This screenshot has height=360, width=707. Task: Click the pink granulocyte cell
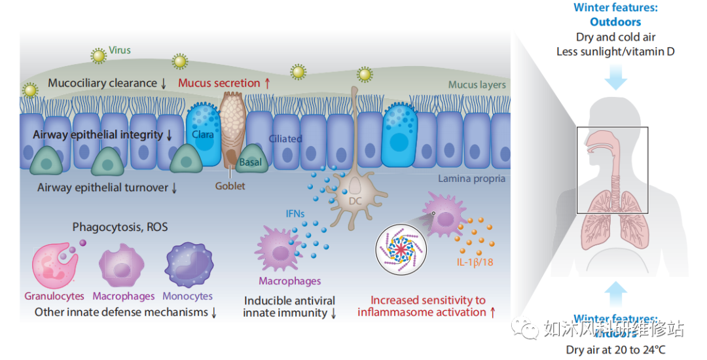pyautogui.click(x=56, y=266)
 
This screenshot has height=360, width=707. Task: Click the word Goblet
pyautogui.click(x=230, y=186)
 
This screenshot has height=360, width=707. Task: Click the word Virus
pyautogui.click(x=120, y=50)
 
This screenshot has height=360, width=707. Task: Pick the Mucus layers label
pyautogui.click(x=477, y=85)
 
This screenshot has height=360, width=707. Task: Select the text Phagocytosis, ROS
pyautogui.click(x=120, y=227)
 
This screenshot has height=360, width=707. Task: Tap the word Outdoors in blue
pyautogui.click(x=615, y=22)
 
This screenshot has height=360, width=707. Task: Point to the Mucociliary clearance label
pyautogui.click(x=102, y=83)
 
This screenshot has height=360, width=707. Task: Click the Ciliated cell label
pyautogui.click(x=285, y=139)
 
